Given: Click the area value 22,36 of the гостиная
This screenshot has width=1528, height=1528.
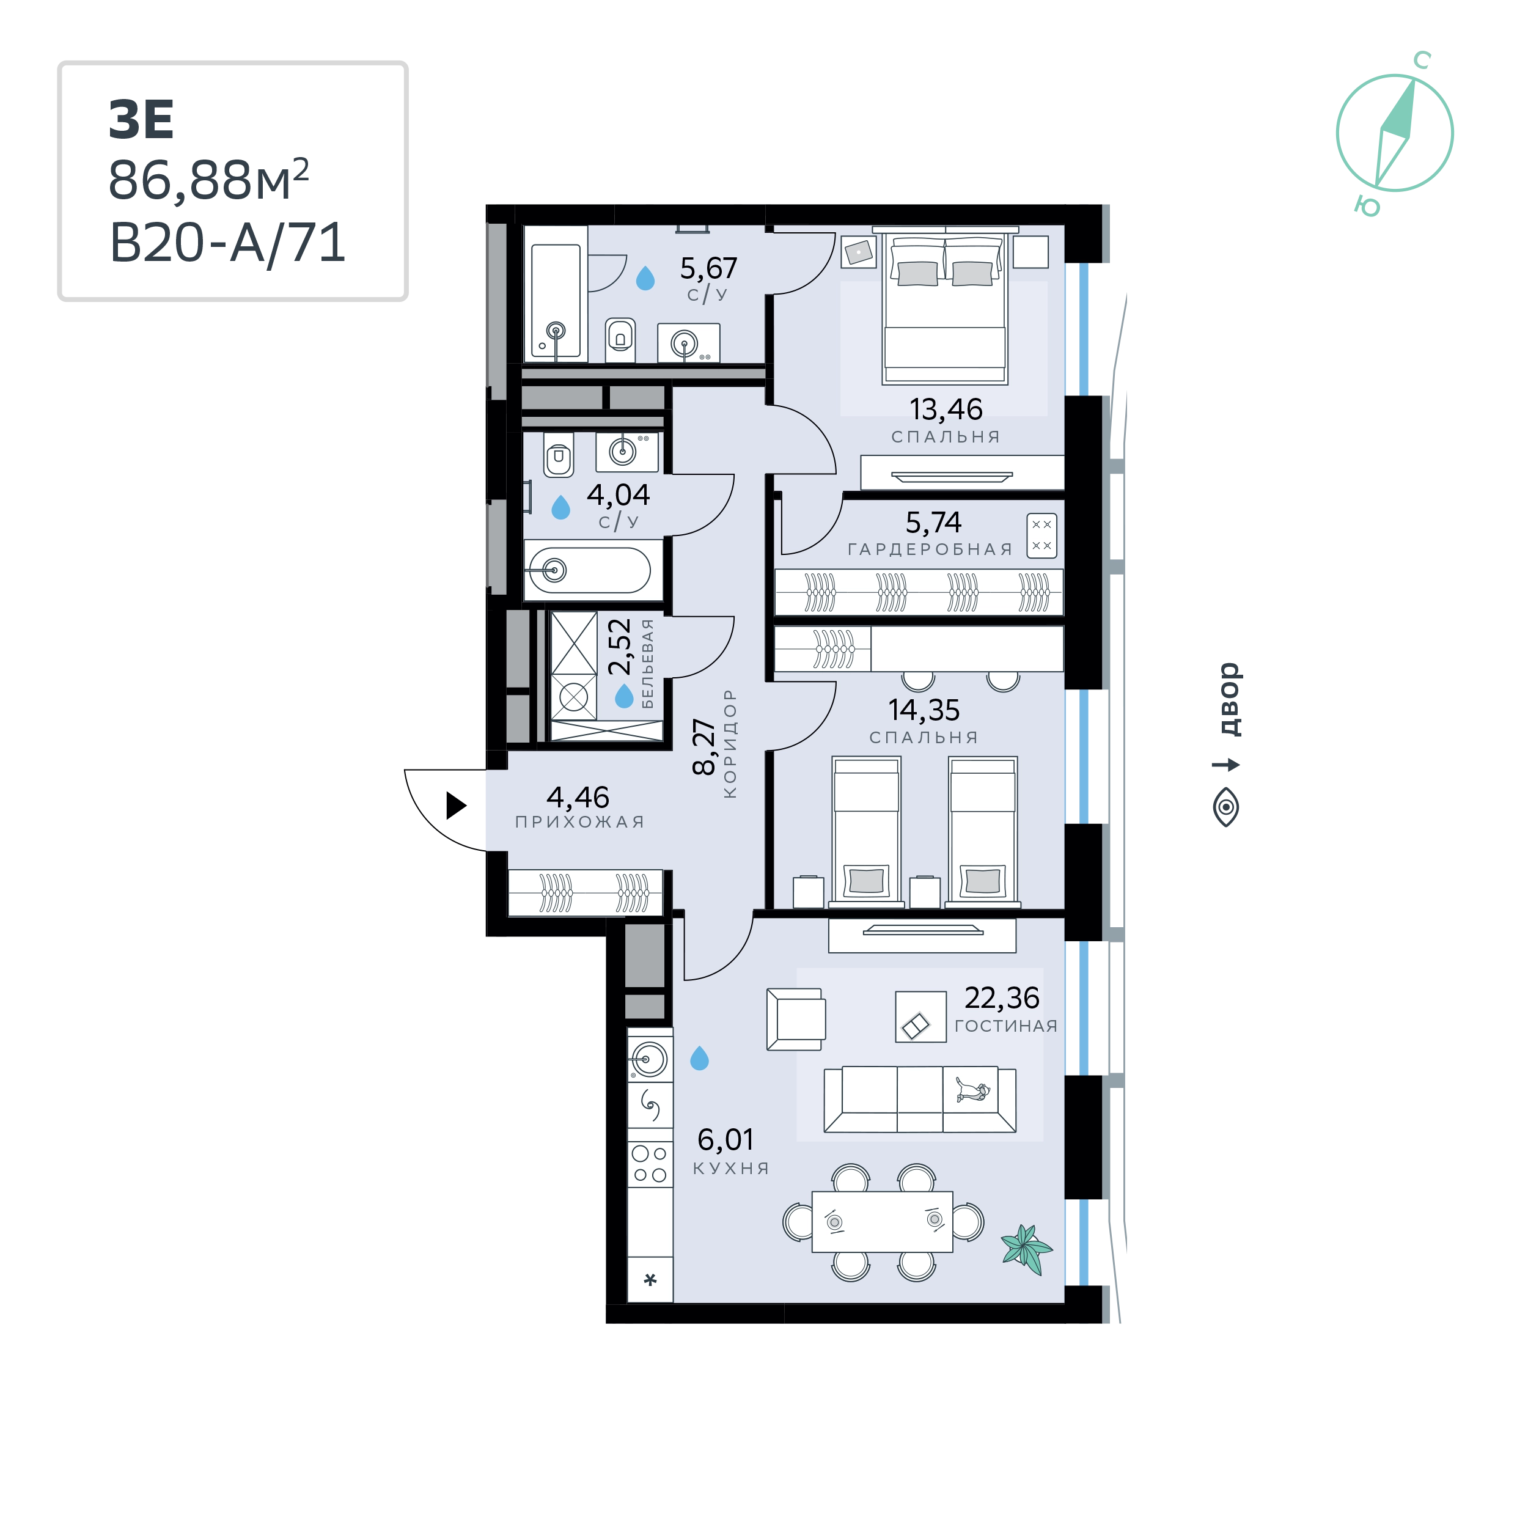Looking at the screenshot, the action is click(1001, 998).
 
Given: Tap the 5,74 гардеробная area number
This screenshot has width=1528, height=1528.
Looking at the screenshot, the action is click(933, 522).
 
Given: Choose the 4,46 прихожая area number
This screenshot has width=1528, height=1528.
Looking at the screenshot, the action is click(578, 796).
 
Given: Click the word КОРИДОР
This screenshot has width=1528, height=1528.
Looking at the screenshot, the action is click(729, 743).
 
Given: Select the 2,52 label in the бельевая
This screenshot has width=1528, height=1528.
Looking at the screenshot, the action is click(620, 646).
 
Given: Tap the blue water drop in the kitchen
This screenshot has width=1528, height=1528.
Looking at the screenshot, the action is click(699, 1058).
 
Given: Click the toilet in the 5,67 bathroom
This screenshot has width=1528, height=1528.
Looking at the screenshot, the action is click(620, 339).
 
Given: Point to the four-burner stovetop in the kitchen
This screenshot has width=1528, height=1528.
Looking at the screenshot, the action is click(650, 1164).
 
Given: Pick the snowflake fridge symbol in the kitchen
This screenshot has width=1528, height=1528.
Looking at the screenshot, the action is click(650, 1279).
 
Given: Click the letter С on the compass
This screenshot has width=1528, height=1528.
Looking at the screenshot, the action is click(1422, 59).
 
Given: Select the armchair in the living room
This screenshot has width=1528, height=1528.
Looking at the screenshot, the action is click(796, 1019).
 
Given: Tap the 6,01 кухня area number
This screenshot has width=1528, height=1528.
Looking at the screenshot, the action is click(725, 1140).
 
